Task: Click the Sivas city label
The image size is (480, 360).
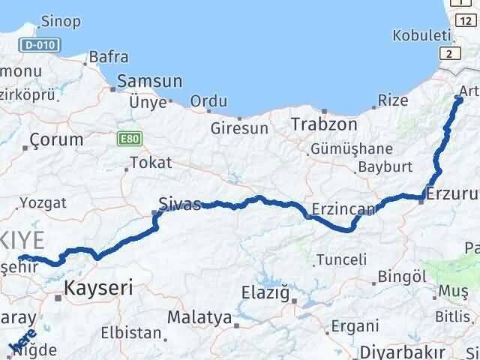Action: (180, 203)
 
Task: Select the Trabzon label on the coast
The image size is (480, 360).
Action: (322, 123)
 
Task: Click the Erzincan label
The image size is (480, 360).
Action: (337, 209)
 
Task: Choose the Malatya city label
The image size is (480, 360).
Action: (199, 317)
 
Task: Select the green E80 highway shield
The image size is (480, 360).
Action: (129, 139)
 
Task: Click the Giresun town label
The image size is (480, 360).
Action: (238, 129)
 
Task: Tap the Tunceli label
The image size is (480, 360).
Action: (341, 259)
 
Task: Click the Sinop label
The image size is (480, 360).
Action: (61, 21)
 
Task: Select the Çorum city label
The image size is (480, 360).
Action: (57, 139)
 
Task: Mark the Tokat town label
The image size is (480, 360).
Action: (151, 162)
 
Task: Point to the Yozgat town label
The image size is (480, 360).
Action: (43, 202)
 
